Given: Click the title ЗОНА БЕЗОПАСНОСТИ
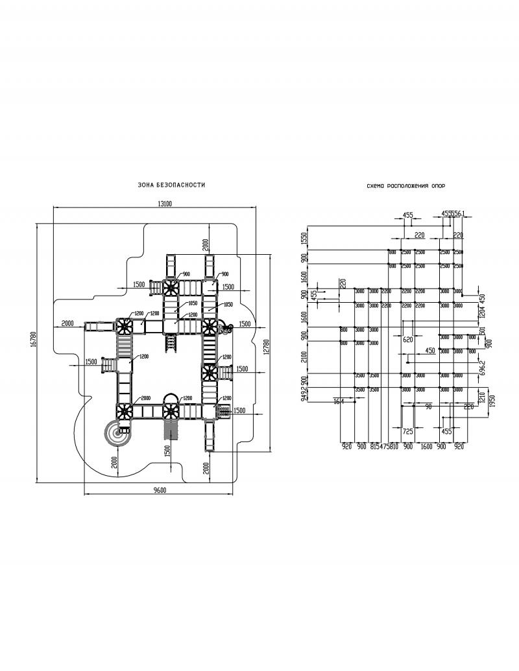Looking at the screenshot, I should (x=171, y=185).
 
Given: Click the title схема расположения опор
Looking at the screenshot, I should (x=405, y=185).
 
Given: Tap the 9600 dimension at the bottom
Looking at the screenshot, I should (x=160, y=490).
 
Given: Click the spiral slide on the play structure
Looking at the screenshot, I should (x=119, y=433).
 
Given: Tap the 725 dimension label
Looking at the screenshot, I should (x=408, y=430).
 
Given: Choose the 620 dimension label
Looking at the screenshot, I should (x=408, y=339).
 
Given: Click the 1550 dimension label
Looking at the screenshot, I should (x=303, y=238).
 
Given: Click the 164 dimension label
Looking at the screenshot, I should (x=338, y=402).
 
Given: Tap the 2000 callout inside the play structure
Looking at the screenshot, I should (x=145, y=398).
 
